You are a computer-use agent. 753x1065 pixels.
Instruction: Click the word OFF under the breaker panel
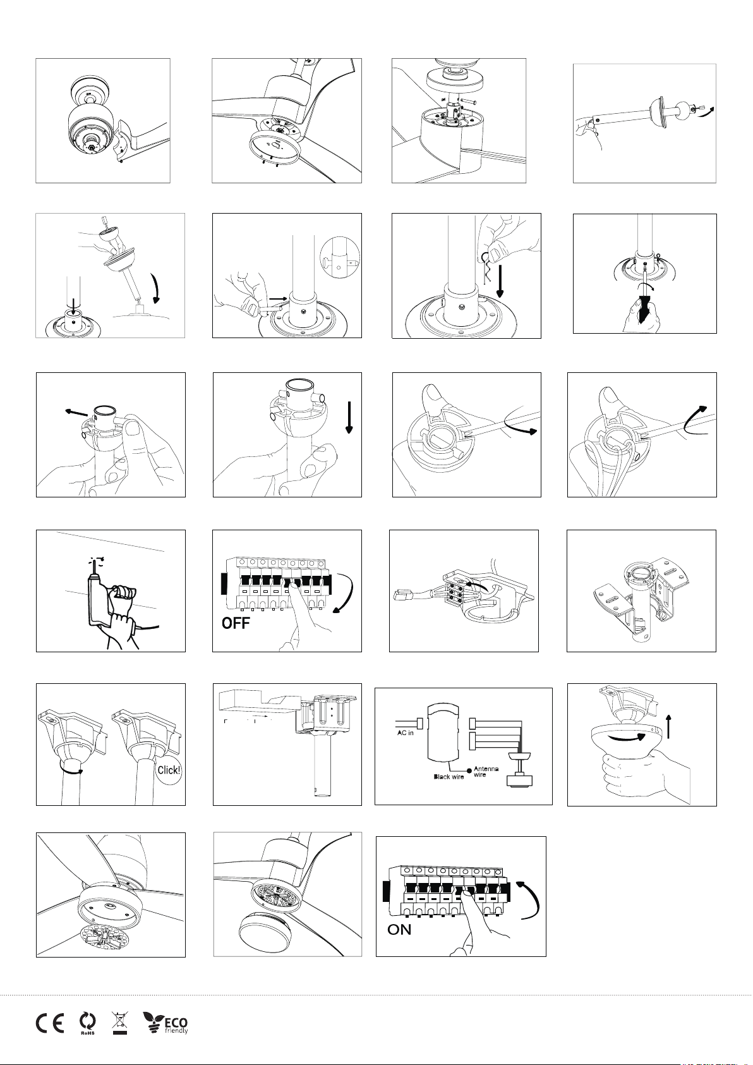[x=236, y=623]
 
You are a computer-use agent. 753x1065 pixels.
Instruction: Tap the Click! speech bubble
[x=169, y=770]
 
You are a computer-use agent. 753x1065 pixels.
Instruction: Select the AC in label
[x=405, y=733]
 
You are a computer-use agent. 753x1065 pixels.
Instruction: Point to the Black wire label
[x=449, y=777]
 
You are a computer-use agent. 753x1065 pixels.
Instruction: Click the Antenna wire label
[x=486, y=771]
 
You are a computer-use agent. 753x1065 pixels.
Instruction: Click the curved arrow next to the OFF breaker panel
[x=345, y=594]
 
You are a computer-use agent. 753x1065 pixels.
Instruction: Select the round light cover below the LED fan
[x=263, y=928]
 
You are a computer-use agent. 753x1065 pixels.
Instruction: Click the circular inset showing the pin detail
[x=340, y=258]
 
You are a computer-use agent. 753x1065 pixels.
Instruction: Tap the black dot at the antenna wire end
[x=469, y=769]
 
